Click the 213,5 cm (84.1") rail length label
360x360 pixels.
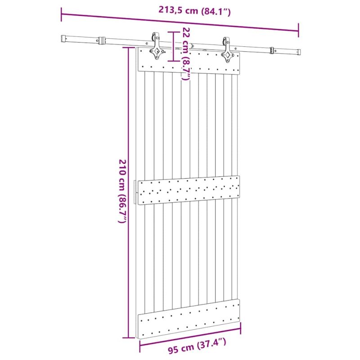(x=194, y=10)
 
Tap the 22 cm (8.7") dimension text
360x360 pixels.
(x=186, y=54)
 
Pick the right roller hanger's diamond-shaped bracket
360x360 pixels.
(x=228, y=55)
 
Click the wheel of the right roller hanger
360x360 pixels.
(x=225, y=41)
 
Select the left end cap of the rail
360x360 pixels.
(x=63, y=38)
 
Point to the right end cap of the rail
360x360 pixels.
(x=298, y=52)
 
